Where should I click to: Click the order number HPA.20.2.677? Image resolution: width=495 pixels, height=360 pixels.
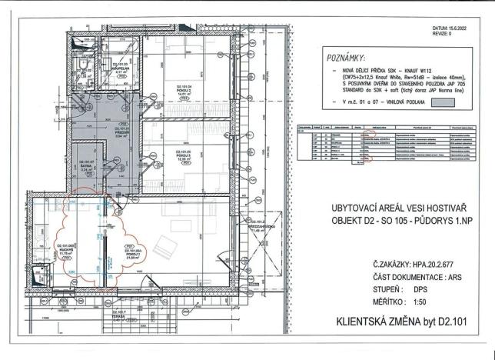pyautogui.click(x=425, y=262)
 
